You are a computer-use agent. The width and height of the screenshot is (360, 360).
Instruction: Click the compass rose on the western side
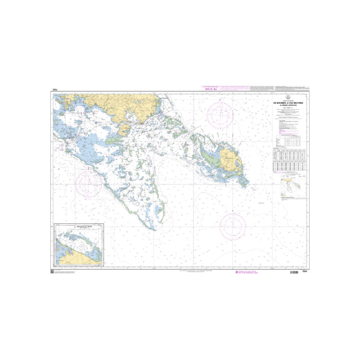coord(88,185)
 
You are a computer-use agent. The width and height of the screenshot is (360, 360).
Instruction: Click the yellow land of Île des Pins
coord(230,160)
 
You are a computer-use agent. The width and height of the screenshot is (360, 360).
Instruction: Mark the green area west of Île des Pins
coord(209,157)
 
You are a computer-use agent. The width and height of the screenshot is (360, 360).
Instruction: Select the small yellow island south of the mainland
coord(125,130)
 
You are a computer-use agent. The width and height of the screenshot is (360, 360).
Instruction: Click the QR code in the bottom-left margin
coord(51,272)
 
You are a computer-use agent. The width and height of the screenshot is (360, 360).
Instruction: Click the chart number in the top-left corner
coord(55,91)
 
